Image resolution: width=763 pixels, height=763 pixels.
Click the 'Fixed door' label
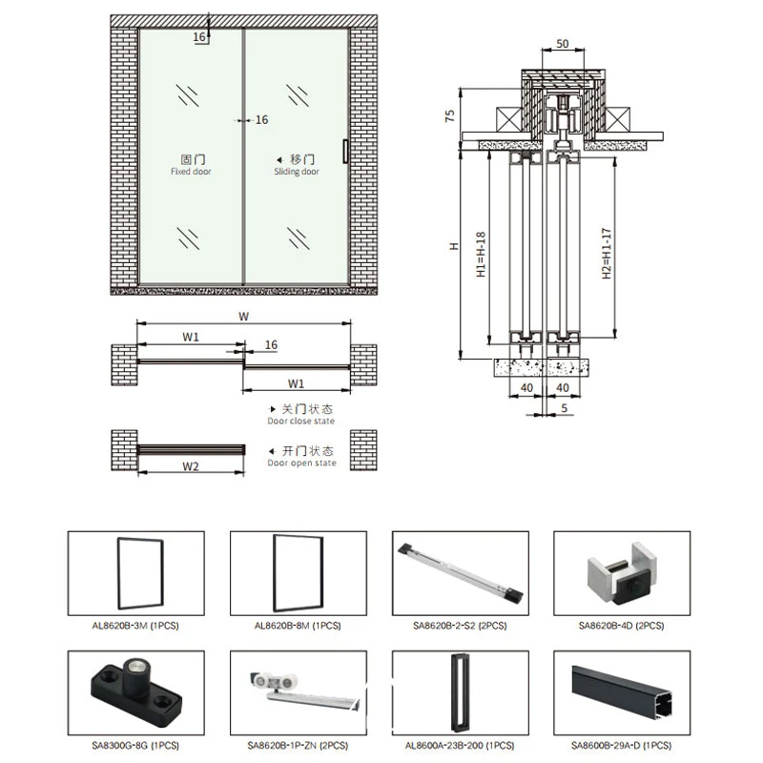coord(192,172)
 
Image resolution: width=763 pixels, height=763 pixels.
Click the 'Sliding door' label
coord(299,172)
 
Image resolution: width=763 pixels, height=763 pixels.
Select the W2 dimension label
coord(190,467)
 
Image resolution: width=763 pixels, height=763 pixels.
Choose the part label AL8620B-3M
coord(135,626)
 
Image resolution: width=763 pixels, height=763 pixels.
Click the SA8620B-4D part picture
coord(622,573)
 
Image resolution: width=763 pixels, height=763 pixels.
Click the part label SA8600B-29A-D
coord(622,745)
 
